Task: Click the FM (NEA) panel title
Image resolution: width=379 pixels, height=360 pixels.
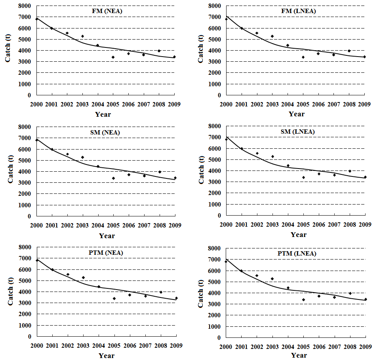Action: pyautogui.click(x=107, y=11)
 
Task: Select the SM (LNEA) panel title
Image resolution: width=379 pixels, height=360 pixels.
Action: pyautogui.click(x=297, y=132)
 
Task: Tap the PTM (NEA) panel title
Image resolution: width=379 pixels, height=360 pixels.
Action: pyautogui.click(x=106, y=253)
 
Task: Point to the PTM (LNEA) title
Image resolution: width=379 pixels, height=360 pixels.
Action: pyautogui.click(x=297, y=254)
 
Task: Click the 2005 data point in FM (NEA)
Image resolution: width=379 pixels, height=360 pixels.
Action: pyautogui.click(x=113, y=57)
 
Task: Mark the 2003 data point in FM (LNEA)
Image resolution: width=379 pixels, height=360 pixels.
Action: pyautogui.click(x=272, y=36)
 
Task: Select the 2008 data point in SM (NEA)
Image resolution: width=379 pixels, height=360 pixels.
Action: pyautogui.click(x=160, y=172)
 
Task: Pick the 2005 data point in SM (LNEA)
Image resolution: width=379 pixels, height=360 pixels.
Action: pyautogui.click(x=304, y=178)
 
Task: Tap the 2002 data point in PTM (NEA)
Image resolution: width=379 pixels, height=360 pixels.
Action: pyautogui.click(x=68, y=274)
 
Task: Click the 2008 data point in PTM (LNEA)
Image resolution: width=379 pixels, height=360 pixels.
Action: pyautogui.click(x=350, y=294)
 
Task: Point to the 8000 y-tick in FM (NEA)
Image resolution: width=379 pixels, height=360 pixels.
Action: pyautogui.click(x=25, y=6)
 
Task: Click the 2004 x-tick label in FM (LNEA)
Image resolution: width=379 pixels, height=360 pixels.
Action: pyautogui.click(x=288, y=104)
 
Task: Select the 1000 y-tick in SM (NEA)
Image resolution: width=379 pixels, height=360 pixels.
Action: pyautogui.click(x=25, y=205)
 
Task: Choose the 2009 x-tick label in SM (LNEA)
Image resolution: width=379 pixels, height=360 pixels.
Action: pyautogui.click(x=365, y=225)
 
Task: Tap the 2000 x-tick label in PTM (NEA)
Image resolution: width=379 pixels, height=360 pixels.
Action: pyautogui.click(x=37, y=345)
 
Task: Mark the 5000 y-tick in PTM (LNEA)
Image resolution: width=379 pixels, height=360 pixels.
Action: pyautogui.click(x=214, y=282)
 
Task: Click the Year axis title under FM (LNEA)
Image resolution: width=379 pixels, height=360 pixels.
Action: pyautogui.click(x=297, y=114)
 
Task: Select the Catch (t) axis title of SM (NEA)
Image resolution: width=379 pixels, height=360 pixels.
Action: pyautogui.click(x=10, y=169)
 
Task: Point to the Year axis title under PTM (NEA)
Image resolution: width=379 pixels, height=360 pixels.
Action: pyautogui.click(x=107, y=356)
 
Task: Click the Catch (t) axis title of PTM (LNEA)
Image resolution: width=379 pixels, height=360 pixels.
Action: pyautogui.click(x=201, y=294)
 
